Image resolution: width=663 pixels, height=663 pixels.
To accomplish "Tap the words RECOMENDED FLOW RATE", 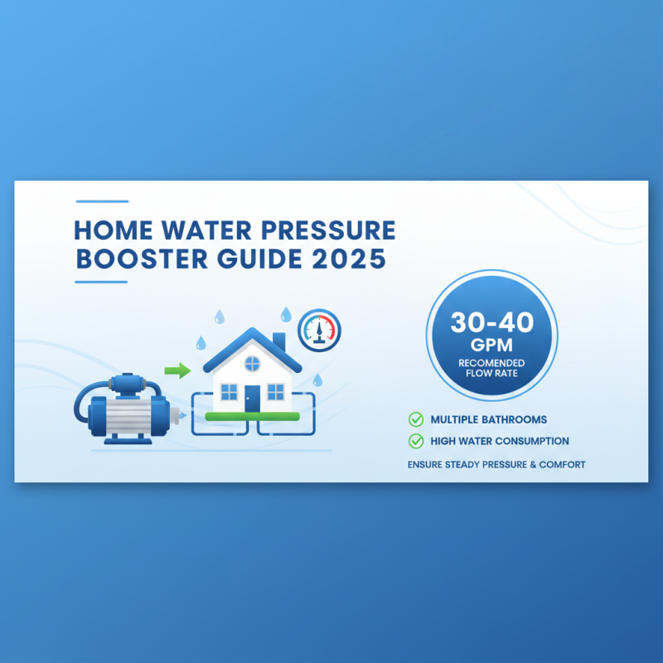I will point(491,367).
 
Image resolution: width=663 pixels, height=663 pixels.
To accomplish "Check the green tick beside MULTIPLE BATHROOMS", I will point(416,419).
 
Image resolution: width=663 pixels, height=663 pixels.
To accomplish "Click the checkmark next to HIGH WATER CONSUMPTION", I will point(416,441).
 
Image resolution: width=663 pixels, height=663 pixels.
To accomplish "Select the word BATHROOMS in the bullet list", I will point(515,419).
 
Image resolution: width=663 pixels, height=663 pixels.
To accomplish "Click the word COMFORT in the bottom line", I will point(562,464).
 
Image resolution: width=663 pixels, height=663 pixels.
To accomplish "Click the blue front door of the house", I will point(252,398).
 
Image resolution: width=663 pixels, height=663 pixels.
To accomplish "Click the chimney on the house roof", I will point(278,341).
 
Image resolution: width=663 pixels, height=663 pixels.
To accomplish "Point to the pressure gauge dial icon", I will point(319,329).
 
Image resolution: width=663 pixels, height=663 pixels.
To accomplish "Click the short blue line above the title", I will point(102,201).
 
